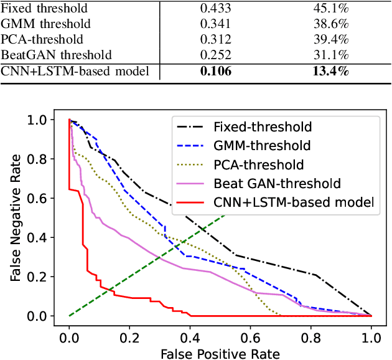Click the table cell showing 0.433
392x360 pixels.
coord(215,9)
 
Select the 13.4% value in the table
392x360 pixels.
coord(330,71)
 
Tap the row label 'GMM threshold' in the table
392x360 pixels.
coord(46,24)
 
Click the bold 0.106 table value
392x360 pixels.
coord(215,71)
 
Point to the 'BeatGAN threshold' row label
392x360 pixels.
coord(57,55)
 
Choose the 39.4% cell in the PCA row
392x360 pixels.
coord(330,40)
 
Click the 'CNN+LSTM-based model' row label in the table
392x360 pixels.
coord(75,71)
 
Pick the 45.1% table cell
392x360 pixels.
coord(330,9)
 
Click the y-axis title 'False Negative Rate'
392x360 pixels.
coord(16,218)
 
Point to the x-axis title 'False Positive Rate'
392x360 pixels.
coord(220,353)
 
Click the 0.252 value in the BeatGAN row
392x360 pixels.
coord(215,55)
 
